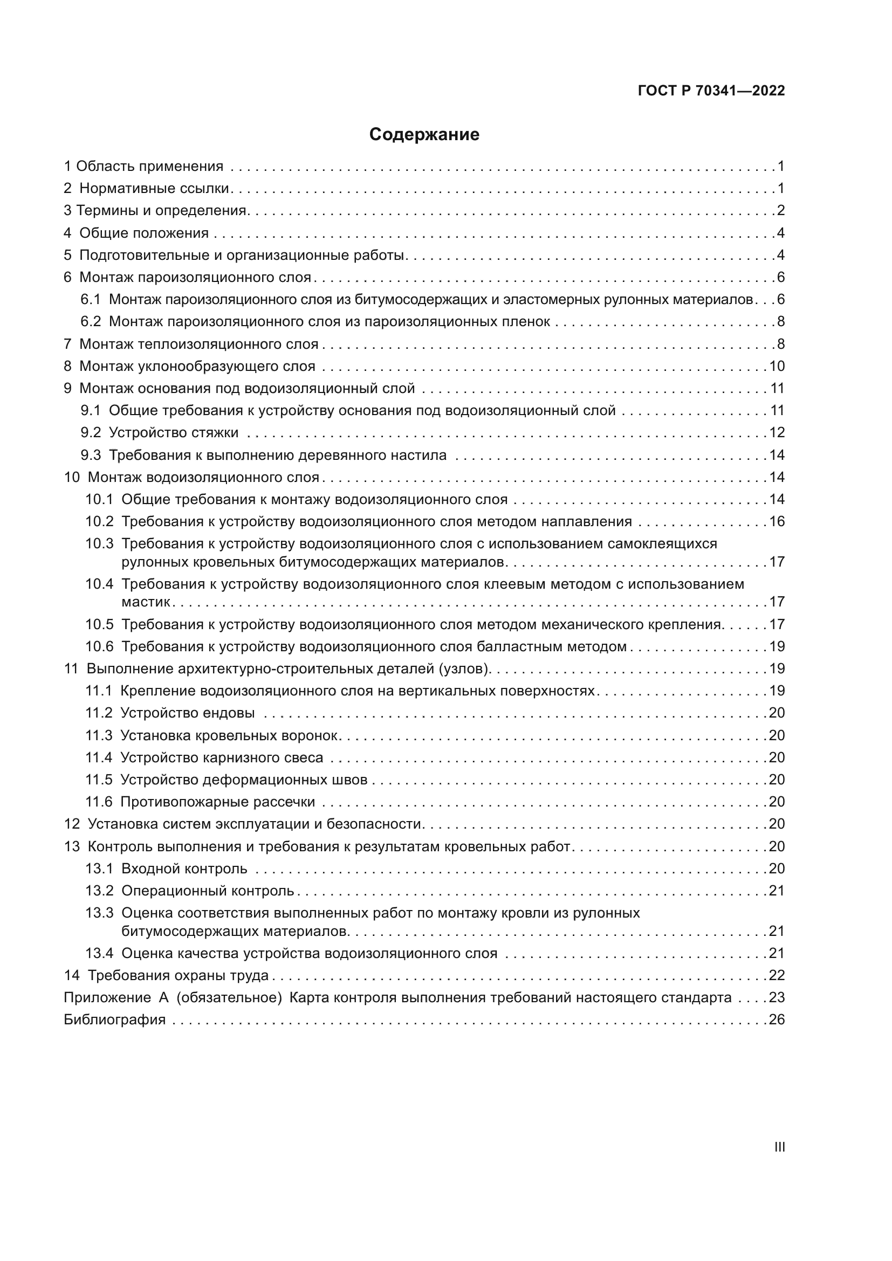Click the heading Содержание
(424, 135)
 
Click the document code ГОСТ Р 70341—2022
(711, 91)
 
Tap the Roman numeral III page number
(779, 1147)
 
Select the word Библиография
(115, 1020)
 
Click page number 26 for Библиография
(777, 1020)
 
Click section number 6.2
(91, 322)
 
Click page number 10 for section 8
(777, 366)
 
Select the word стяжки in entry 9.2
(215, 433)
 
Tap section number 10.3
(99, 544)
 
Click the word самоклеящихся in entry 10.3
(662, 544)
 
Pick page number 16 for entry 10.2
(777, 521)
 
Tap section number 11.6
(98, 802)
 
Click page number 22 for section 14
(777, 975)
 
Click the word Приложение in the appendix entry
(107, 997)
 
